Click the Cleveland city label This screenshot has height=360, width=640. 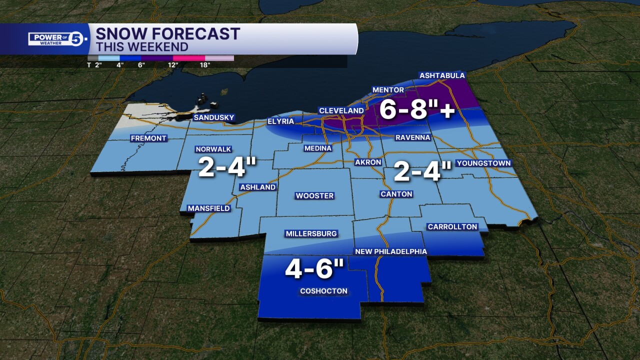pos(341,110)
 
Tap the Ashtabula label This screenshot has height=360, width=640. pos(442,75)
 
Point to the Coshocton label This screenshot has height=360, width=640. pos(323,291)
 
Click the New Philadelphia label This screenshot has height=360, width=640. pos(390,251)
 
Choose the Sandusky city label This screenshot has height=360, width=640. pos(214,118)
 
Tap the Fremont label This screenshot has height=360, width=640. pos(148,138)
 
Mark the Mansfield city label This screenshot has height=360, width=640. pos(208,208)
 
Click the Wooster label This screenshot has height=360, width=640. pos(314,196)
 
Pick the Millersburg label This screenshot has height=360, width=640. pos(311,234)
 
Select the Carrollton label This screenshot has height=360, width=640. pos(452,227)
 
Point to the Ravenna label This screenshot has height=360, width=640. pos(412,137)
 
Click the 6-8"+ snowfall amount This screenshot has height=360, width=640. pos(417,110)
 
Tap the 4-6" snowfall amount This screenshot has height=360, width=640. pos(314,269)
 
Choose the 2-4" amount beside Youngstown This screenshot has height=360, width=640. pos(422,172)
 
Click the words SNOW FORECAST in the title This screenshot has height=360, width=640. pos(167,34)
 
